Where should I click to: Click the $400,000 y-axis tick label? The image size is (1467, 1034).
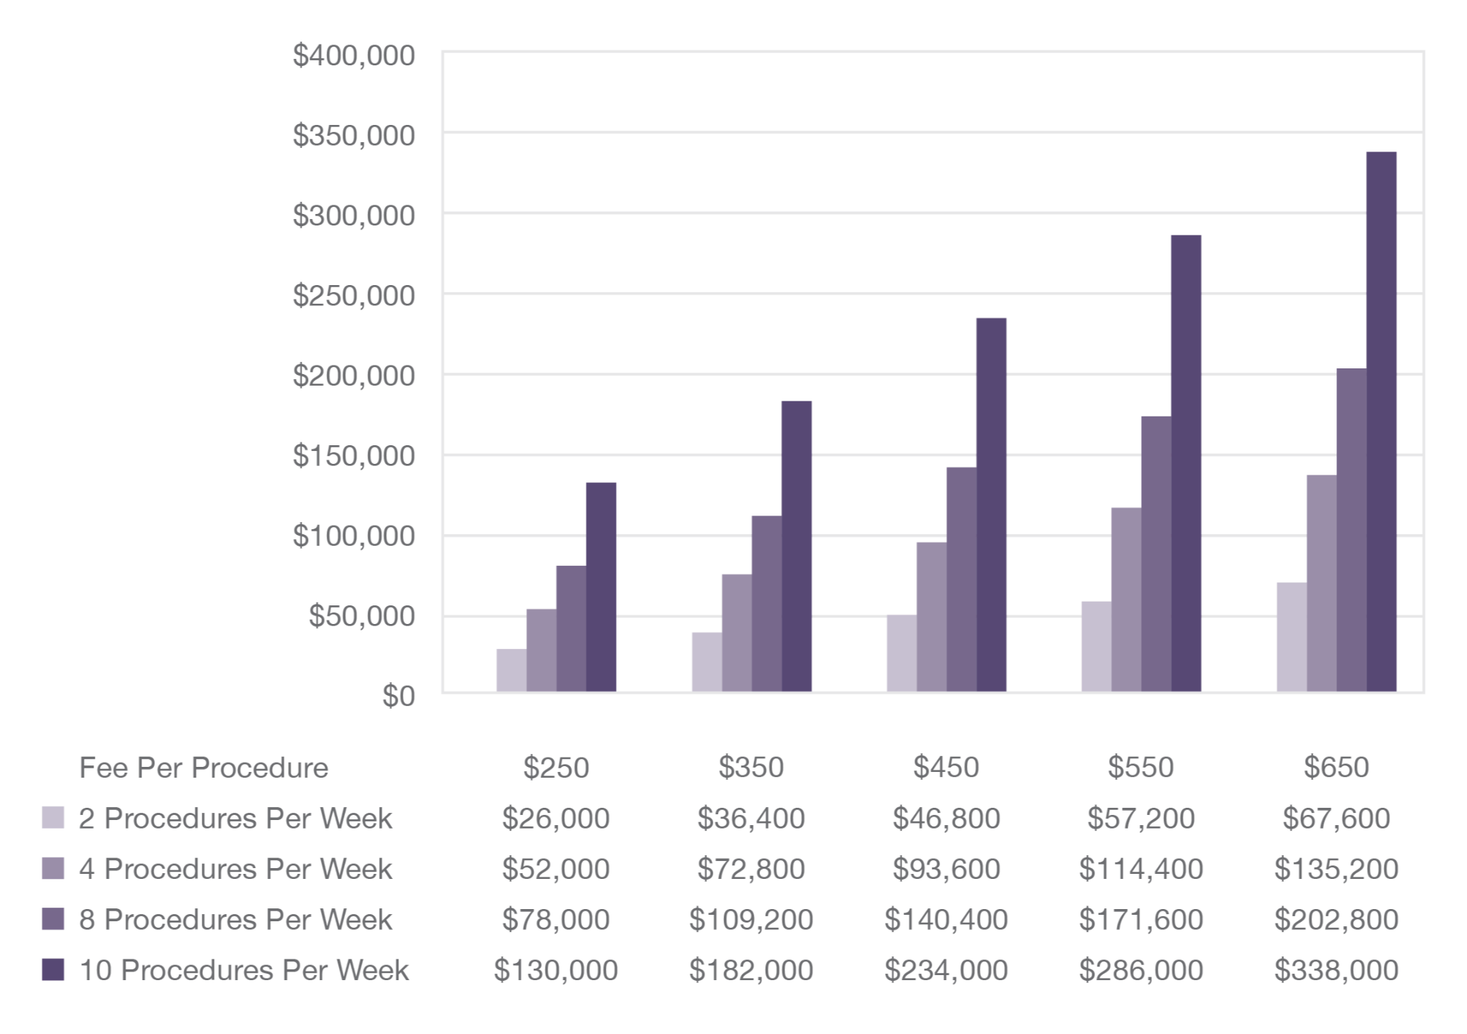tap(354, 55)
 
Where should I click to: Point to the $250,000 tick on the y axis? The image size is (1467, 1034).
tap(354, 296)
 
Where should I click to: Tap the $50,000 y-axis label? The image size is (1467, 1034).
tap(362, 616)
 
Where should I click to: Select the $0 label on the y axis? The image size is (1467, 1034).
tap(398, 697)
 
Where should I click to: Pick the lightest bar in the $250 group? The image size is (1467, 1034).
tap(511, 670)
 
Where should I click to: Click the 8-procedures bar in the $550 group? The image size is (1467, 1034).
tap(1156, 554)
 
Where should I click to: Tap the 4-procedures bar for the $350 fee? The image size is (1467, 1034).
tap(736, 633)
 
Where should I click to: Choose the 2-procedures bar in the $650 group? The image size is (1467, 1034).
tap(1291, 637)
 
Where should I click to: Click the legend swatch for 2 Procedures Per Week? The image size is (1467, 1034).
tap(53, 818)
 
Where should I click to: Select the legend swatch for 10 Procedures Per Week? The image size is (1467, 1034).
tap(53, 970)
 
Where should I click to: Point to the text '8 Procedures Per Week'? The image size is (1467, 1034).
tap(235, 920)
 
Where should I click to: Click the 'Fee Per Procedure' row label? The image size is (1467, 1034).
tap(203, 768)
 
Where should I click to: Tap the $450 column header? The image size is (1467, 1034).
tap(946, 768)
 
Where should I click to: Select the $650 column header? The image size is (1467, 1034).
tap(1336, 768)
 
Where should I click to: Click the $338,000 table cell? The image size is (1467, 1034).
tap(1336, 970)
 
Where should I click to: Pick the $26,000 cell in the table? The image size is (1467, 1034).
tap(556, 819)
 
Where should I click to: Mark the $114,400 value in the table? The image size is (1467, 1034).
tap(1141, 869)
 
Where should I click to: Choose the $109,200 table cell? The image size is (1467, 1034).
tap(751, 920)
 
